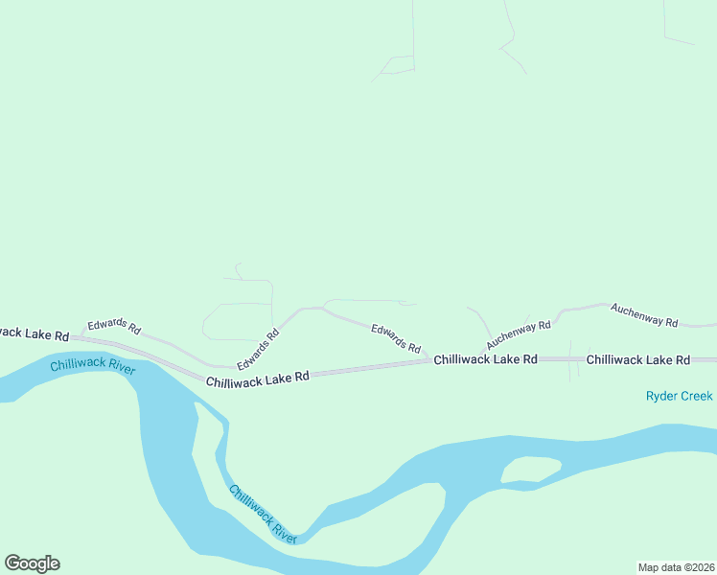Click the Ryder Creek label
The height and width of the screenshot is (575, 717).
pos(679,396)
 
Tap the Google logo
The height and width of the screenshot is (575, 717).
pos(32,563)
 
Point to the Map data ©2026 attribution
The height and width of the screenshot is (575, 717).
pos(676,566)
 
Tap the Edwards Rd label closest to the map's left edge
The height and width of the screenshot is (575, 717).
pos(114,327)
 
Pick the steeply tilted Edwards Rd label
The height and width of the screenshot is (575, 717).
pos(258,351)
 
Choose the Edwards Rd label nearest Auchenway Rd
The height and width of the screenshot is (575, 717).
pos(396,337)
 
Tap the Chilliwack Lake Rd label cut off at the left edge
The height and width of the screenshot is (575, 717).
pos(35,333)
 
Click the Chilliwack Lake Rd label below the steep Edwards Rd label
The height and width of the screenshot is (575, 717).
pos(257,379)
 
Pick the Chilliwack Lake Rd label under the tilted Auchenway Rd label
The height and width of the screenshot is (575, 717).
pos(485,359)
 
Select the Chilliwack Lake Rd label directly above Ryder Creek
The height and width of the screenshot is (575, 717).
pos(637,359)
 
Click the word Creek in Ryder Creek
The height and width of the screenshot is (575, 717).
pos(696,396)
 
